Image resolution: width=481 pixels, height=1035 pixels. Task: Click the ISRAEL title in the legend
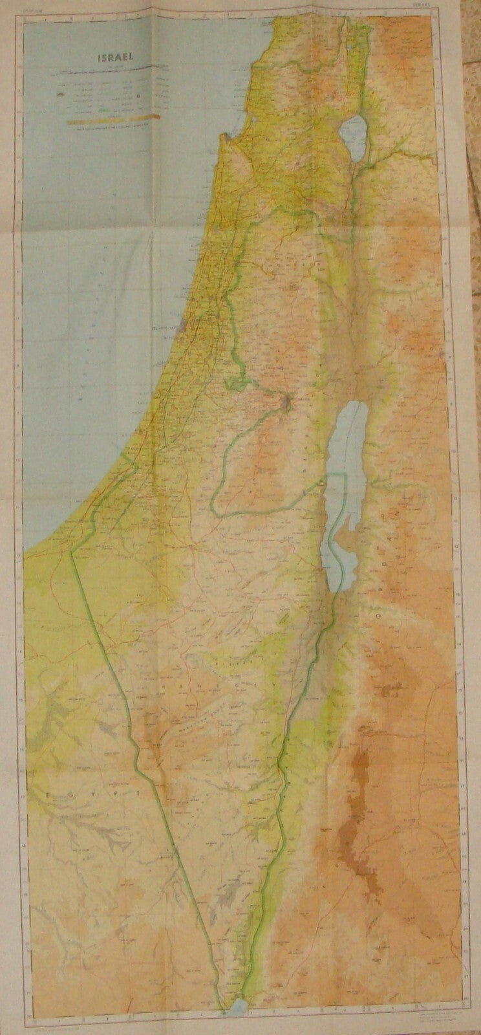point(111,56)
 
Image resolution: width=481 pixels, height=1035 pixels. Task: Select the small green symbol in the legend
point(103,111)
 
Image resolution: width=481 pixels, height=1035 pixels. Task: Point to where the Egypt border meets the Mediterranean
point(73,552)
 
